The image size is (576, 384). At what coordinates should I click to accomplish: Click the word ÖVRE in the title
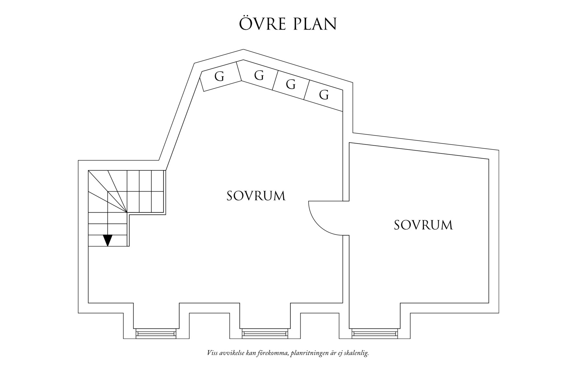pyautogui.click(x=263, y=23)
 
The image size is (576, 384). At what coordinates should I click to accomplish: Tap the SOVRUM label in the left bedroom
pyautogui.click(x=256, y=196)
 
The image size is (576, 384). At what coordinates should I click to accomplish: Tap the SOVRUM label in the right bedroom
pyautogui.click(x=423, y=225)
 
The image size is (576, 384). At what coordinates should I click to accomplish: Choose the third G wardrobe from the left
pyautogui.click(x=291, y=84)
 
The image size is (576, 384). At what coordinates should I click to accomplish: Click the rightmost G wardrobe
pyautogui.click(x=324, y=95)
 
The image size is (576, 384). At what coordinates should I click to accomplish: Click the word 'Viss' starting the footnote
pyautogui.click(x=212, y=353)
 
